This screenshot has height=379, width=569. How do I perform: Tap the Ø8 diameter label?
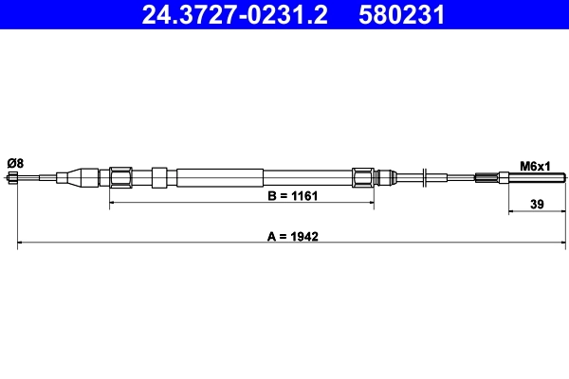15,164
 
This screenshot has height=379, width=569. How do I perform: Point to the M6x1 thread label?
536,166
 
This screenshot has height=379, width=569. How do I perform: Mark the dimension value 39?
537,202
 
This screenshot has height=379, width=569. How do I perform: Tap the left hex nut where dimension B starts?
120,177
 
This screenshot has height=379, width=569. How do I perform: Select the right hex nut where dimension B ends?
362,177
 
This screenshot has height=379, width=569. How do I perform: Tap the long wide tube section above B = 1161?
218,177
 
